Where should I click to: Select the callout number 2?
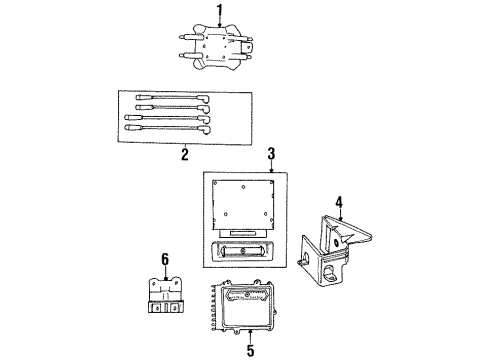(185, 154)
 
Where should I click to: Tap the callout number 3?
(271, 154)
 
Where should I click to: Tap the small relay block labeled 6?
(161, 296)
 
